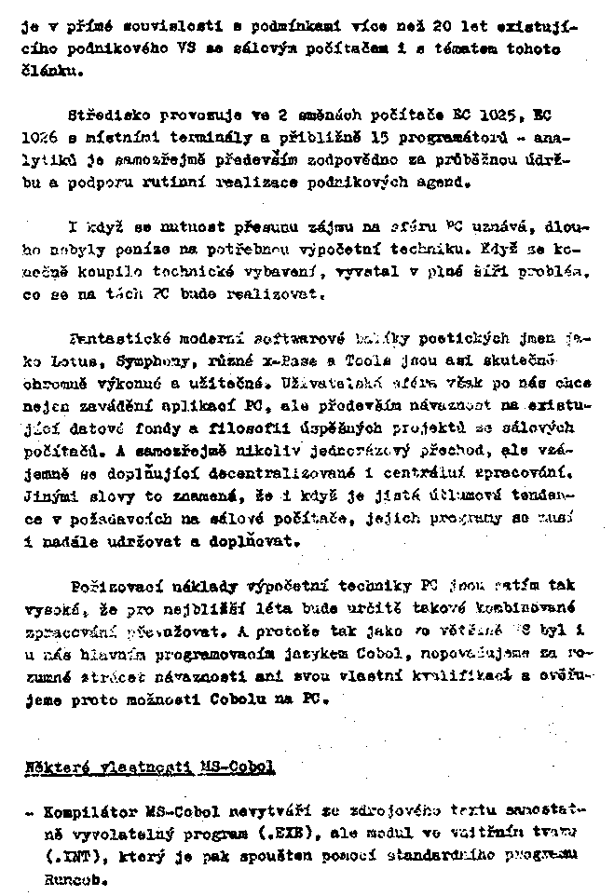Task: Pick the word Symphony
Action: point(122,358)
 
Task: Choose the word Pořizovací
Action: point(109,586)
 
